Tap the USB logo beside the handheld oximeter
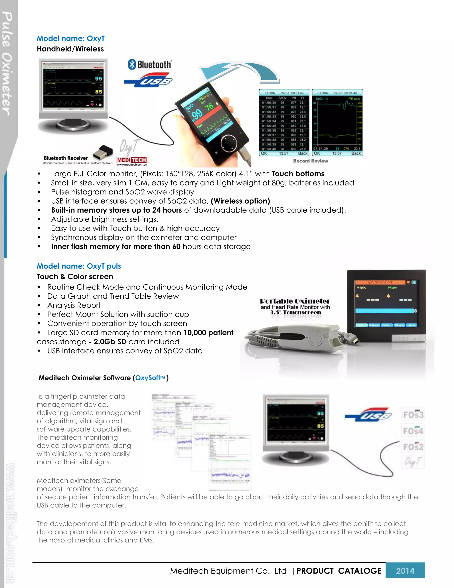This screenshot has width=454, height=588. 148,80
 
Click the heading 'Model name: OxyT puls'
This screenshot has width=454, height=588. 79,266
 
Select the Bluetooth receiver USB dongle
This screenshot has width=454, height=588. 103,152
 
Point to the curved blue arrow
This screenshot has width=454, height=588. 239,72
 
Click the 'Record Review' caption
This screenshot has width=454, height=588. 310,161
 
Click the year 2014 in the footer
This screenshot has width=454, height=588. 405,570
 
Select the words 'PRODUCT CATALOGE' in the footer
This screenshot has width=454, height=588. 339,571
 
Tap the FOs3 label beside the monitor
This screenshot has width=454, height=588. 413,415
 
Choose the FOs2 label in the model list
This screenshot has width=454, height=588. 413,447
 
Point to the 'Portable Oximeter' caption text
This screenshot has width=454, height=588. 295,301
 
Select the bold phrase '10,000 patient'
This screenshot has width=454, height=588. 208,333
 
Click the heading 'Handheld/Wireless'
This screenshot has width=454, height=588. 70,49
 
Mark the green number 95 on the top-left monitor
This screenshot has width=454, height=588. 98,78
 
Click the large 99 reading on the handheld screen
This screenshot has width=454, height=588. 197,114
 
